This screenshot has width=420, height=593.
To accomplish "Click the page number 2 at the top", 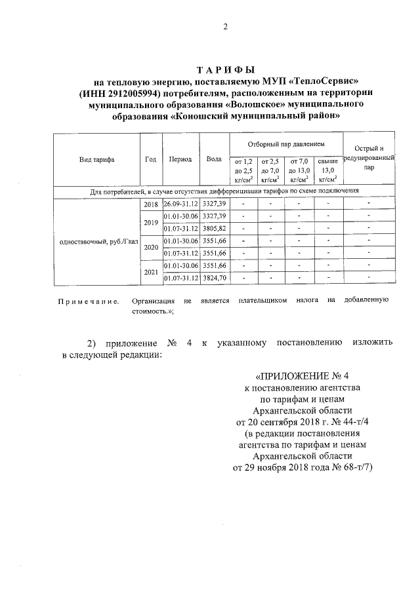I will (x=225, y=27).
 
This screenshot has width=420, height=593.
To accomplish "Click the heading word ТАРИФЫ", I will (x=225, y=70).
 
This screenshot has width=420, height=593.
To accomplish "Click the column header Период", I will (x=180, y=159).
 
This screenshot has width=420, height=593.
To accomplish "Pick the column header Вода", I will (x=214, y=159).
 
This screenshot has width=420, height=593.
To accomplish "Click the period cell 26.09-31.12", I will (x=180, y=204).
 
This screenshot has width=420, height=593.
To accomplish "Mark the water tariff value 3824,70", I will (x=214, y=278).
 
